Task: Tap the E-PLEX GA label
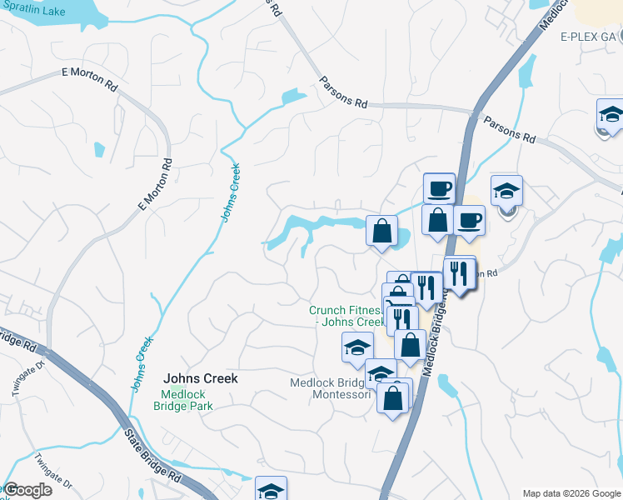588,37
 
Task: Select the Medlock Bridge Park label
183,401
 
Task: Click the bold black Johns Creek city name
200,378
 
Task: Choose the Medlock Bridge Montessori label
330,388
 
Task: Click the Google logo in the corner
27,490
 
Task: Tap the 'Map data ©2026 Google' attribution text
571,493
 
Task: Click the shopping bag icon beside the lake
381,231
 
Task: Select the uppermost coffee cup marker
439,187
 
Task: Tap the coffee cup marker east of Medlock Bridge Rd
469,220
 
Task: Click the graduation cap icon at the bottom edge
271,490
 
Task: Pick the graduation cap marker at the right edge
611,115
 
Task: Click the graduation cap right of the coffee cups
506,191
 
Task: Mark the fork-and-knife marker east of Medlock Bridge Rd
458,272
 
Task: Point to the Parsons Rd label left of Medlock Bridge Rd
343,92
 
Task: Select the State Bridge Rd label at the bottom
153,454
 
